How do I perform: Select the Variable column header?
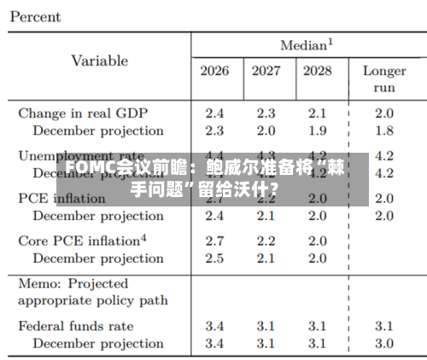99,61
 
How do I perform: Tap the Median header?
306,44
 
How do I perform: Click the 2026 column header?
214,70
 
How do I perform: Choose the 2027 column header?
266,70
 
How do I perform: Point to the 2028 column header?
317,70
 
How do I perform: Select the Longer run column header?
384,78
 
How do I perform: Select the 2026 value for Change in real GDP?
214,113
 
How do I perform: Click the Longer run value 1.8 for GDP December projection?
384,131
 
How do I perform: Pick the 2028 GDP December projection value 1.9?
317,131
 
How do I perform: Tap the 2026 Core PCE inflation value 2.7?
214,241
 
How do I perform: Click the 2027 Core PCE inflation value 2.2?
266,241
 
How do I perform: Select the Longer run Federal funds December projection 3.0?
384,343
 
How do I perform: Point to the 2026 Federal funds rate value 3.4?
214,326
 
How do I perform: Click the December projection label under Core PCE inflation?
98,258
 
